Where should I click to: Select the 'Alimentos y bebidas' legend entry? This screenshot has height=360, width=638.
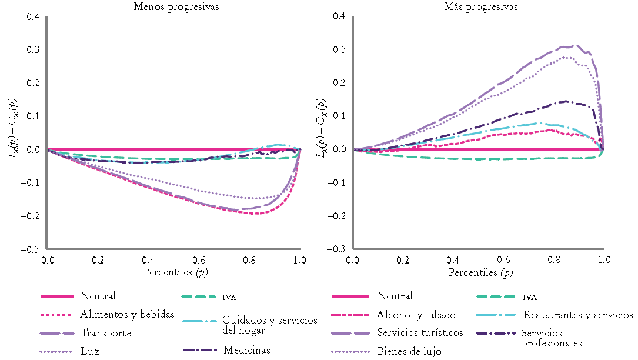click(128, 315)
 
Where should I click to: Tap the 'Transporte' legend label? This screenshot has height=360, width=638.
click(106, 333)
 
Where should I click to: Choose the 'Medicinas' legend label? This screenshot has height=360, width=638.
click(247, 350)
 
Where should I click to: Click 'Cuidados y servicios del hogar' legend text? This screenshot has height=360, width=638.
click(270, 325)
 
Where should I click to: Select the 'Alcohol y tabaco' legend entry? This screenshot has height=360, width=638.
click(416, 315)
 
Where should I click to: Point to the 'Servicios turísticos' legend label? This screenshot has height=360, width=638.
click(420, 332)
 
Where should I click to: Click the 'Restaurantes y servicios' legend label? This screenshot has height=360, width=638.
click(578, 315)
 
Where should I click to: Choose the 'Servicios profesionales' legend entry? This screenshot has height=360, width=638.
click(552, 338)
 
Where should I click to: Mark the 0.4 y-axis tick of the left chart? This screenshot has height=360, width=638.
click(34, 16)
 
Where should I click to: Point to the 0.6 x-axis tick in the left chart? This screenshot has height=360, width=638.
click(199, 259)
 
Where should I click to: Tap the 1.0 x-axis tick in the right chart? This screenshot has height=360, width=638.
click(603, 259)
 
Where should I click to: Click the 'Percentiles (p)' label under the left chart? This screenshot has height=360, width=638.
click(175, 272)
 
